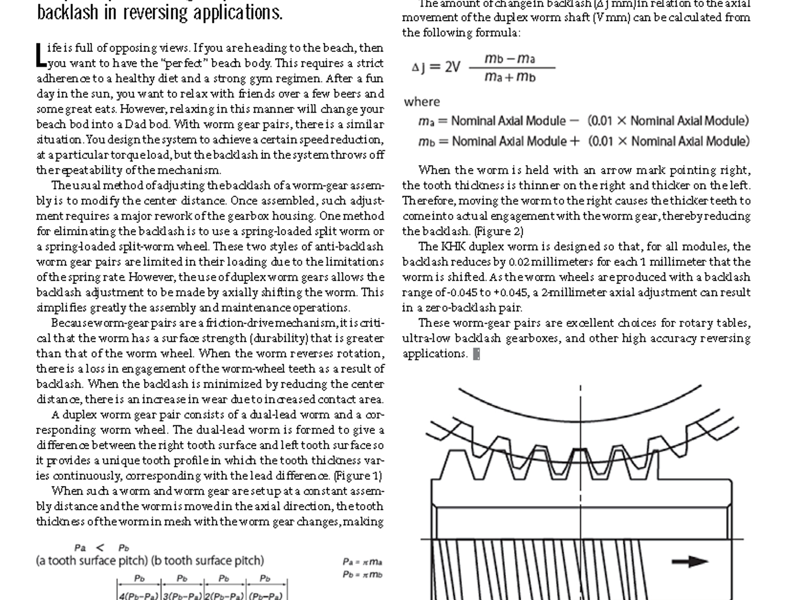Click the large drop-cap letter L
click(x=41, y=55)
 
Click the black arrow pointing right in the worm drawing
click(x=689, y=561)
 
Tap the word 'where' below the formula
click(x=422, y=102)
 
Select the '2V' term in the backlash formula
click(x=452, y=67)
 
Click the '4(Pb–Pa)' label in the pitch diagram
click(x=139, y=595)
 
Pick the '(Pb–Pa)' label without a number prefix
click(x=265, y=595)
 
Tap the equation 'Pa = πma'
click(x=362, y=562)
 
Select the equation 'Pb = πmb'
click(x=362, y=574)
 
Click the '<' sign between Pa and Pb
click(x=100, y=548)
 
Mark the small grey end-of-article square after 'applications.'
click(x=477, y=354)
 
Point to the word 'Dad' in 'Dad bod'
click(x=136, y=124)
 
